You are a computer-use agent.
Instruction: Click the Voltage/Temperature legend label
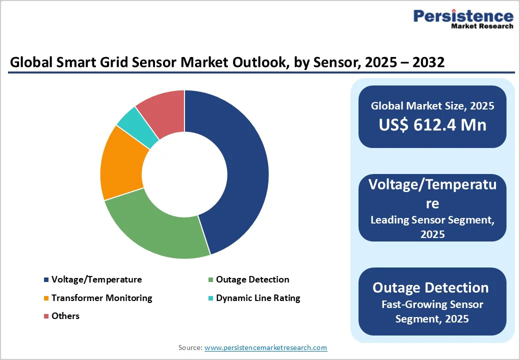96,279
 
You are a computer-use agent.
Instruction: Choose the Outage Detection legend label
252,279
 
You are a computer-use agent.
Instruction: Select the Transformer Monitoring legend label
101,298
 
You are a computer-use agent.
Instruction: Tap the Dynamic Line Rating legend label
258,298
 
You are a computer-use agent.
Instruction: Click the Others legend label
65,316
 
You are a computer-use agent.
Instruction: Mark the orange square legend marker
46,298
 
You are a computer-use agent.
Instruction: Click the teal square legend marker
211,298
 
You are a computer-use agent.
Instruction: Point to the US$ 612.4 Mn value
432,125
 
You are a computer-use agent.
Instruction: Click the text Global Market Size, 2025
432,105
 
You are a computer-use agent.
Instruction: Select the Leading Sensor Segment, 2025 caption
432,226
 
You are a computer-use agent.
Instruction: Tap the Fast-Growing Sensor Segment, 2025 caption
432,311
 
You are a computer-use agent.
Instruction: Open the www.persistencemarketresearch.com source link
266,347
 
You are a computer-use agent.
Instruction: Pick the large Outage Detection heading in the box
430,287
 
